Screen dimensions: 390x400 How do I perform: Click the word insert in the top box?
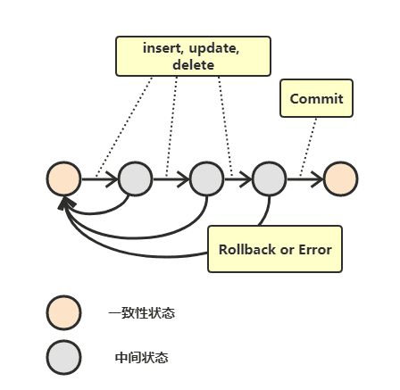coord(162,48)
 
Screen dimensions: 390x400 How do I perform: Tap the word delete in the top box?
coord(193,64)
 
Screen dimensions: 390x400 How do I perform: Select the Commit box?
coord(316,98)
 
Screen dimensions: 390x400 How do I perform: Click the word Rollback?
coord(247,249)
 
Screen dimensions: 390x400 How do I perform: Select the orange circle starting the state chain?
coord(63,178)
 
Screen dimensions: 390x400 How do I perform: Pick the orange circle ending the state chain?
coord(341,178)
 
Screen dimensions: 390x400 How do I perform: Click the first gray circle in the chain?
coord(135,178)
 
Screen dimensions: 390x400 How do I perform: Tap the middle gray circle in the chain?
coord(206,178)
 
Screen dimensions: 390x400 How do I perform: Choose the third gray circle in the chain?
coord(269,178)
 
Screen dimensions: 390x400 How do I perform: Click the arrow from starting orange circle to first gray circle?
coord(99,178)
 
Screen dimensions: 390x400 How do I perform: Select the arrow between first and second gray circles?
coord(171,178)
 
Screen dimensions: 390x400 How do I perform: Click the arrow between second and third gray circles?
coord(237,178)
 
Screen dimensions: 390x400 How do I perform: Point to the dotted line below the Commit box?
coord(310,138)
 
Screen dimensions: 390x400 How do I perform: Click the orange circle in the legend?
coord(63,312)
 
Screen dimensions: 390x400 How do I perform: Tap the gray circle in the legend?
coord(63,357)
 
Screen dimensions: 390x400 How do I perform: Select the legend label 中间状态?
coord(141,357)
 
